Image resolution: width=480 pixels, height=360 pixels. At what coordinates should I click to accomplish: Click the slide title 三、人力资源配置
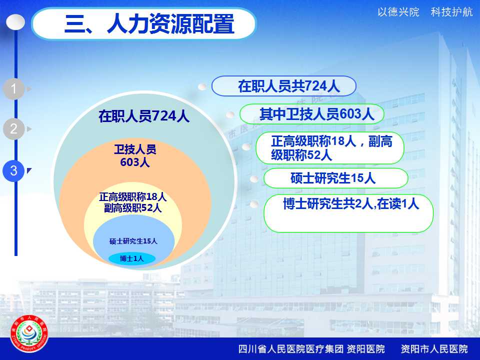point(149,24)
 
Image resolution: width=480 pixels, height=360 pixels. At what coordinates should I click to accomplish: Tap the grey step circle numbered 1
point(14,89)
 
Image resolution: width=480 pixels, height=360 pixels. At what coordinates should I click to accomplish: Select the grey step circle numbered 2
point(14,129)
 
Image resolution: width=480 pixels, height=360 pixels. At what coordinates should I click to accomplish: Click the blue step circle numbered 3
point(14,170)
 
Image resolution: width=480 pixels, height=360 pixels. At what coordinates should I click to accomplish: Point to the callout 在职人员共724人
point(284,86)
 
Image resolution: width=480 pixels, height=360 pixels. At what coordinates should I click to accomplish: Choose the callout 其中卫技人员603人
point(311,114)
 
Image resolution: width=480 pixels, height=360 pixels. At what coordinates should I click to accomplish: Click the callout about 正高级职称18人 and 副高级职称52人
point(330,148)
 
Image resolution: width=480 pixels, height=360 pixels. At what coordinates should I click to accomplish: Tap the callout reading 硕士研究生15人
point(335,178)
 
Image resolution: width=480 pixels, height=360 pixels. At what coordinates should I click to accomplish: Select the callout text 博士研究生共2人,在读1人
point(351,203)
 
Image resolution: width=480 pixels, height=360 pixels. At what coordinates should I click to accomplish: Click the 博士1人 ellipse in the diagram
point(132,258)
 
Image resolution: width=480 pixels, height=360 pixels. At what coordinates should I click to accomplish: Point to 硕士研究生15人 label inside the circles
point(133,241)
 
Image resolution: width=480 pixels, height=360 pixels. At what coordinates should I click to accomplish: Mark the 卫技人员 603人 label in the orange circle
point(135,156)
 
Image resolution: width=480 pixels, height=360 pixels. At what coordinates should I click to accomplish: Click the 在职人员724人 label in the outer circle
point(144,116)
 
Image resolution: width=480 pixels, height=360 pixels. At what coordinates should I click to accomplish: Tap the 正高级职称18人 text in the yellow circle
point(133,197)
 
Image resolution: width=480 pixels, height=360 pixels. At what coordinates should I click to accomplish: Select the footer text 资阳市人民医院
point(434,349)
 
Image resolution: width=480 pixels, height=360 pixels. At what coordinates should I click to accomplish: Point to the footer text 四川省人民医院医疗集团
point(291,349)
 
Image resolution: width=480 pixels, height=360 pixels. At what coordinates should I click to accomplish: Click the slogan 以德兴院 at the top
point(398,12)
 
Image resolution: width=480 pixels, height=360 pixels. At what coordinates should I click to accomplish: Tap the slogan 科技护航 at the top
point(451,12)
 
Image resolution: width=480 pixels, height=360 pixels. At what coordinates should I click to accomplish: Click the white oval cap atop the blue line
point(15,22)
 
